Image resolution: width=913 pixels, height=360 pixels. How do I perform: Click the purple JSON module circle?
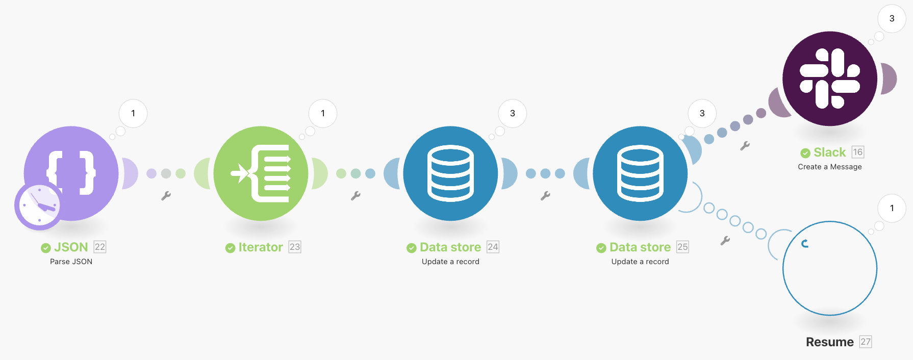71,173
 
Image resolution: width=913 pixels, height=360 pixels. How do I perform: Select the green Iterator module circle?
261,173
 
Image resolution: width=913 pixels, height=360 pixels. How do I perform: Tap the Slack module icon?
830,79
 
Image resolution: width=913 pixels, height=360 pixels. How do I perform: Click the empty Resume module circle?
830,268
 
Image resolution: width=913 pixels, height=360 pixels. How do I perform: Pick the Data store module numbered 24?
451,173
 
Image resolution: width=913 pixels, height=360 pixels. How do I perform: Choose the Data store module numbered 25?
640,173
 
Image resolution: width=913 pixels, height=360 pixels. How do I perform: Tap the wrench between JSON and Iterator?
166,196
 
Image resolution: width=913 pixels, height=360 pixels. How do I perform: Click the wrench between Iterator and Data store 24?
356,196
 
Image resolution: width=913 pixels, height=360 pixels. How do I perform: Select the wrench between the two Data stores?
545,196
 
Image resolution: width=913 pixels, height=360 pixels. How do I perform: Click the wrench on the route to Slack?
745,146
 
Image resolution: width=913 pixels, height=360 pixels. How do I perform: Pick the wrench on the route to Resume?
725,241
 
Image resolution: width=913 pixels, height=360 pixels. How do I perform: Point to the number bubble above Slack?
892,18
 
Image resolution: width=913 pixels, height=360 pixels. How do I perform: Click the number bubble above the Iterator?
323,113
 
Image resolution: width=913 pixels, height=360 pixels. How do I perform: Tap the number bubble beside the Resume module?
892,208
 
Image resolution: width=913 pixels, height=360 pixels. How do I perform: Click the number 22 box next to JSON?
100,247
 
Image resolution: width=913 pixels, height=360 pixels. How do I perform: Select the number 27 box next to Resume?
866,342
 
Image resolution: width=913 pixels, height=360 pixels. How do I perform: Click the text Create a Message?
830,167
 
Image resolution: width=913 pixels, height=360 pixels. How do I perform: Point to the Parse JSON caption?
71,262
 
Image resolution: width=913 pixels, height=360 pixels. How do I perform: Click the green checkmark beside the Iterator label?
230,248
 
